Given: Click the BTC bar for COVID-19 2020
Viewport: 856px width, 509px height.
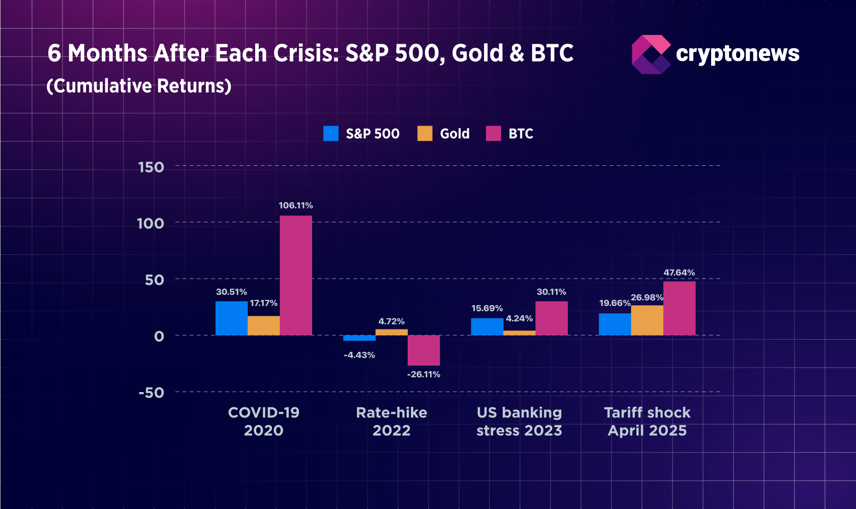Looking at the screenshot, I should click(296, 275).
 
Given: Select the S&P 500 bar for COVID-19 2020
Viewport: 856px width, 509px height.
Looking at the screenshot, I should click(231, 318).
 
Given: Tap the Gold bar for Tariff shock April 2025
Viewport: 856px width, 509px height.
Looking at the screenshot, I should click(647, 320).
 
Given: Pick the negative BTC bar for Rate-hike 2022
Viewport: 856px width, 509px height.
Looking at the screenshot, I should click(423, 350).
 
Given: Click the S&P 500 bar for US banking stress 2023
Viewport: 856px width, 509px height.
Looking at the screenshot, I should click(487, 326).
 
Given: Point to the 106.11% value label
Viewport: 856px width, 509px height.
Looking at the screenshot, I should click(296, 205).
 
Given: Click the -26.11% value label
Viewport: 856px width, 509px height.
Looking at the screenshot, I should click(423, 374).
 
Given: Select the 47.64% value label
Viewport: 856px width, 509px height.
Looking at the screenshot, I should click(679, 273).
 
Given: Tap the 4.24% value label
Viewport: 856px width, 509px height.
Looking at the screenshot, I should click(519, 318).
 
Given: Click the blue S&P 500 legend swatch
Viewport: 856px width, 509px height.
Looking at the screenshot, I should click(331, 133).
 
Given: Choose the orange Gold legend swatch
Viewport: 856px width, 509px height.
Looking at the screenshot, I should click(425, 133).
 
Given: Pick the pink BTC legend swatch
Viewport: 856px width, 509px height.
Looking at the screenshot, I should click(494, 133).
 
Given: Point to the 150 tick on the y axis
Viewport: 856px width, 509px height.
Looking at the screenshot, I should click(151, 167).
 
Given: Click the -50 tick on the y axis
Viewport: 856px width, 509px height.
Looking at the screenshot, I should click(151, 393).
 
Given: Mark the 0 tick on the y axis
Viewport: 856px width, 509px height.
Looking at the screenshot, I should click(159, 336).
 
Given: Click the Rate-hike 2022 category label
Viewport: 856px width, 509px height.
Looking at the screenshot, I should click(391, 422).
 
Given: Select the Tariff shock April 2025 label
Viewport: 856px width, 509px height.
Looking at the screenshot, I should click(647, 422).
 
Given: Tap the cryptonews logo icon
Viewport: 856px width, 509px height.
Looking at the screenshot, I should click(651, 54).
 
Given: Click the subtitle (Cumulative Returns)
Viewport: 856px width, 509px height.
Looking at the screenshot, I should click(139, 86).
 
